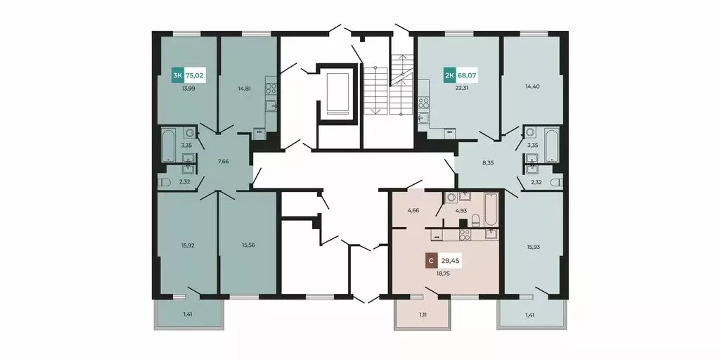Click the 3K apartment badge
[177, 75]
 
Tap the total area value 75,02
[194, 75]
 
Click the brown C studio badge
[431, 262]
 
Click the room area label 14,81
[245, 89]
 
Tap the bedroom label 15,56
[248, 245]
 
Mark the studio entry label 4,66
[413, 211]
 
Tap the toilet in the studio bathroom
[475, 221]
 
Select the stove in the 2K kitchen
[423, 103]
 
